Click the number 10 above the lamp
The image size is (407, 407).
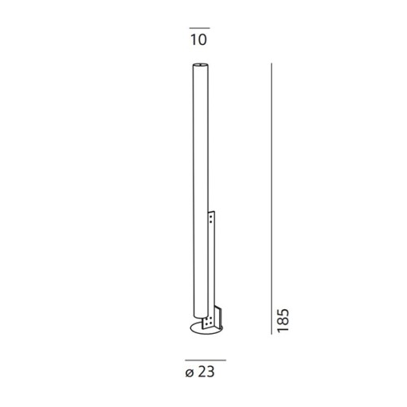tap(198, 39)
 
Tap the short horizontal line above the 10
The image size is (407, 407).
tap(198, 27)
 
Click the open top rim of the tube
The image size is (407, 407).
tap(200, 65)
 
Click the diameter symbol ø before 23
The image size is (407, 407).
tap(189, 374)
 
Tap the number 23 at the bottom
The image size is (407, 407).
tap(208, 374)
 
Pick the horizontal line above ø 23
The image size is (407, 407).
tap(204, 360)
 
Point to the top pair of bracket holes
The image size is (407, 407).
tap(213, 217)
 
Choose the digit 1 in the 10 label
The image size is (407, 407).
tap(193, 39)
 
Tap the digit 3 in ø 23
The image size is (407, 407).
tap(213, 374)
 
